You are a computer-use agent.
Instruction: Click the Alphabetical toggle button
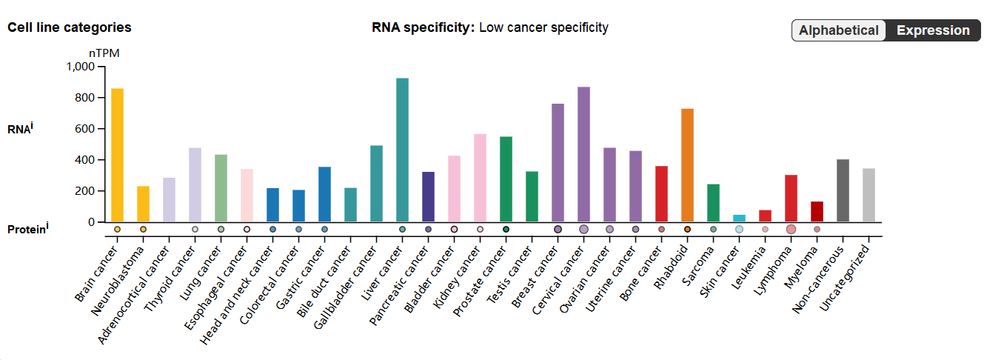point(839,30)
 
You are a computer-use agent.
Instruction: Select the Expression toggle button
point(933,30)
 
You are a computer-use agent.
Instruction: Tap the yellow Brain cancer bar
point(117,155)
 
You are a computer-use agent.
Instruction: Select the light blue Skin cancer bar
point(739,218)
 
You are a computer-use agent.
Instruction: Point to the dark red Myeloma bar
point(817,211)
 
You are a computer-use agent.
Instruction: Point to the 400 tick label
point(86,160)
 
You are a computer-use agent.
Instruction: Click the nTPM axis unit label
point(104,53)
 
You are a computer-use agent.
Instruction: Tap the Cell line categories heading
point(69,27)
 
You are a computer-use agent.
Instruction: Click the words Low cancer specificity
point(543,27)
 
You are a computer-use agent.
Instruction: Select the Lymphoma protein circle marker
point(791,230)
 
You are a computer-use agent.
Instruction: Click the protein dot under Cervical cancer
point(583,230)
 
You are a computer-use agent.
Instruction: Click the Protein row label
point(27,230)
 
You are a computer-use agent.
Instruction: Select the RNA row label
point(20,129)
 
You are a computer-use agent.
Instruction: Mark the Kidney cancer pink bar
point(480,178)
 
